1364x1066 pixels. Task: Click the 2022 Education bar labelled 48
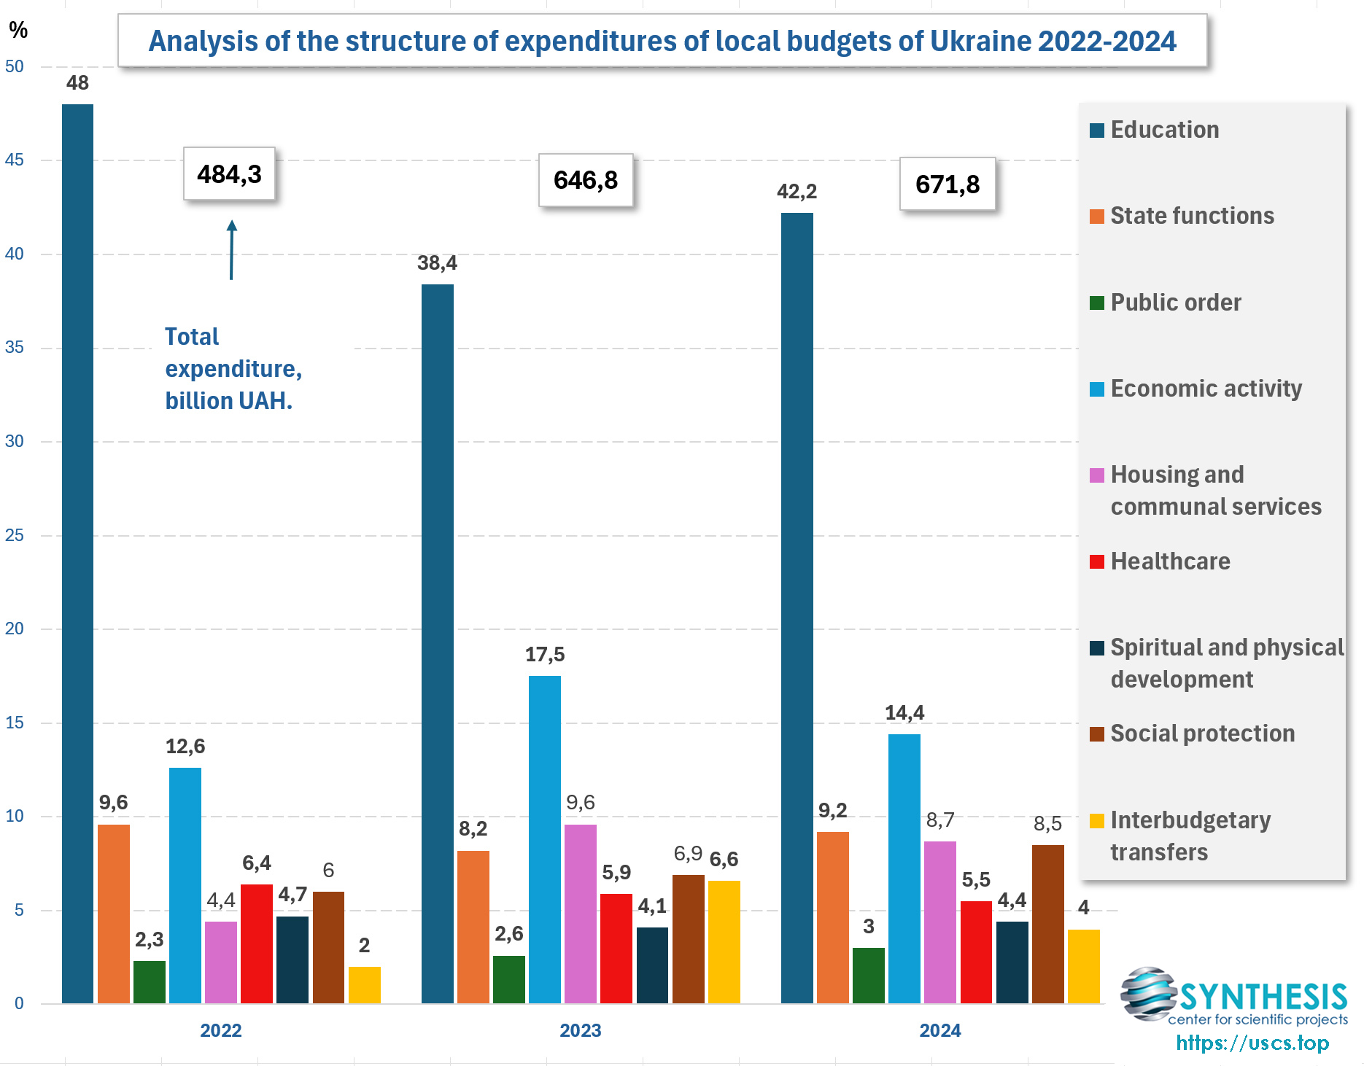(77, 554)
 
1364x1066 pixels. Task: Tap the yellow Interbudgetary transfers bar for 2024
(1083, 966)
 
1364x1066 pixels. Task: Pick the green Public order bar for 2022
(149, 982)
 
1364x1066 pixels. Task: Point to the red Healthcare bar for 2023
(616, 948)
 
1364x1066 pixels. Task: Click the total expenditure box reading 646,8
(586, 180)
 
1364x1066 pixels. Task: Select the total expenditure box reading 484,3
(229, 174)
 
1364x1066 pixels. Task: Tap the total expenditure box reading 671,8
(948, 184)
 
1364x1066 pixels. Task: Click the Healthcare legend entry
(1169, 561)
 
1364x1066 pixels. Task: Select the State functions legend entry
(1191, 216)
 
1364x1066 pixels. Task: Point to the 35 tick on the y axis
(15, 347)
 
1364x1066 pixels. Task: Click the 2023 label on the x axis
(580, 1030)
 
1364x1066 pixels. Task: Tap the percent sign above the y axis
(18, 30)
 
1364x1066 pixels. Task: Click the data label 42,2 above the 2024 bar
(797, 192)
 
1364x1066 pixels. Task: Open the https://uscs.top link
(1252, 1043)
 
